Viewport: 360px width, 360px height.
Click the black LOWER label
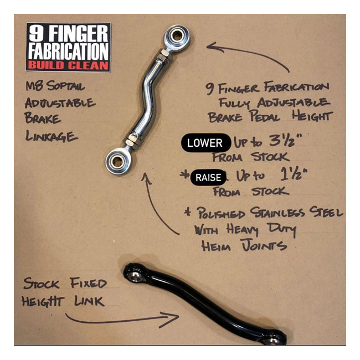point(204,143)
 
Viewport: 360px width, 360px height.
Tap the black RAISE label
point(208,178)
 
